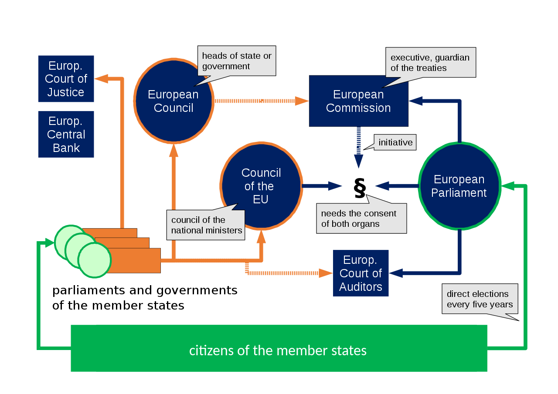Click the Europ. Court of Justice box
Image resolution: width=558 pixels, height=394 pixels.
point(66,79)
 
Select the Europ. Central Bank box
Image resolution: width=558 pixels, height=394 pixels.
point(66,134)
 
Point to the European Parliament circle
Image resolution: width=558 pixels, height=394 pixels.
point(459,186)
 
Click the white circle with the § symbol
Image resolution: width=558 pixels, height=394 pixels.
point(359,186)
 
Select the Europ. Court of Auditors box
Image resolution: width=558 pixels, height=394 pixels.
point(361,273)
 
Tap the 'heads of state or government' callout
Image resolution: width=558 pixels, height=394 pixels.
point(237,61)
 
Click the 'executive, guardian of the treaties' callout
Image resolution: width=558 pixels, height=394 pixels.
point(430,63)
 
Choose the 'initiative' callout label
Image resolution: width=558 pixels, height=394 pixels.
point(395,142)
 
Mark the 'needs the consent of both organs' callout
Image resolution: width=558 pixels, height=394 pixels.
point(361,219)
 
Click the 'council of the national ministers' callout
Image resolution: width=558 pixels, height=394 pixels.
point(206,225)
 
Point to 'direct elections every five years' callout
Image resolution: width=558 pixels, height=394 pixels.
point(480,299)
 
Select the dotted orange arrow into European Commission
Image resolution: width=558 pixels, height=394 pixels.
point(262,101)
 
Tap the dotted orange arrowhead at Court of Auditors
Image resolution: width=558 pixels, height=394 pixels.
point(325,273)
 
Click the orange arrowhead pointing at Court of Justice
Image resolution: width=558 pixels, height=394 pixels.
point(101,78)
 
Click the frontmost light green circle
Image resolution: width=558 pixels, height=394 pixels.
point(95,260)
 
